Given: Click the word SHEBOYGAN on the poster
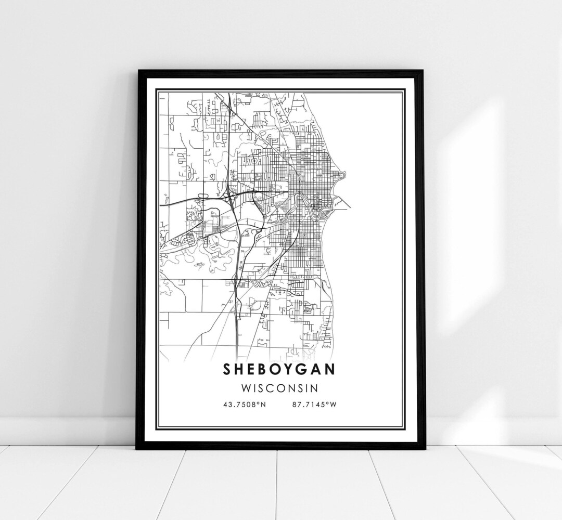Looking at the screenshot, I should coord(280,369).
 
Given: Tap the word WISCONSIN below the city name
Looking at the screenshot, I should coord(280,388).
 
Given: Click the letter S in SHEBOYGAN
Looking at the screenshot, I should coord(228,369).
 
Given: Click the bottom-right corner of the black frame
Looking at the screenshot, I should coord(423,448).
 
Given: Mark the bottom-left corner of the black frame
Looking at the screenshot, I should coord(137,448).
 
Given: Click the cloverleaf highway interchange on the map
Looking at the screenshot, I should coord(229,195).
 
